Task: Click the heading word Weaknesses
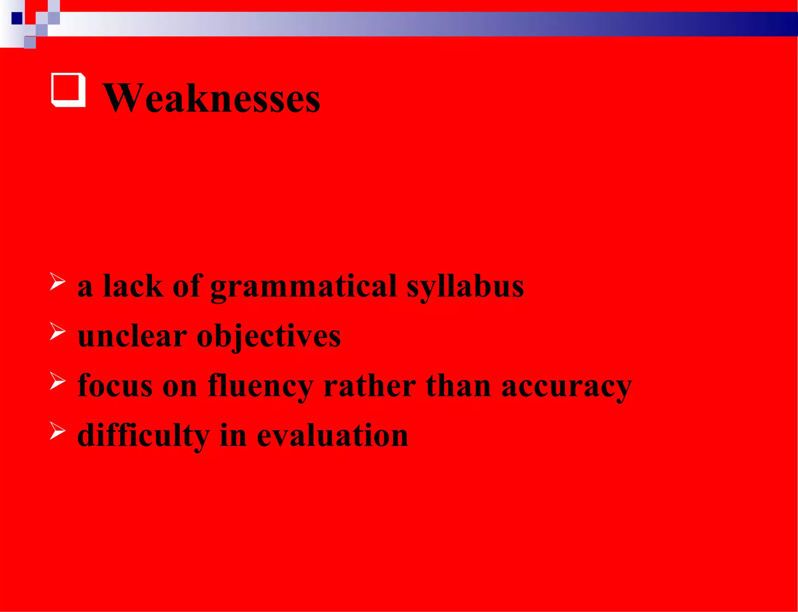click(x=211, y=98)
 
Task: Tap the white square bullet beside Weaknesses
click(x=68, y=90)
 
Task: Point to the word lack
click(x=133, y=286)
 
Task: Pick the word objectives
click(x=268, y=337)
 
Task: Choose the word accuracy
click(x=567, y=386)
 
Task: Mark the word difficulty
click(x=143, y=436)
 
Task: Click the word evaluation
click(x=332, y=435)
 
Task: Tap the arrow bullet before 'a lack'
click(x=57, y=282)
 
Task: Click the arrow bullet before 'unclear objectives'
click(x=57, y=332)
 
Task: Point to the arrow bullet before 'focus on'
click(x=57, y=381)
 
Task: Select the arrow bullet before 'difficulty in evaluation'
click(x=57, y=431)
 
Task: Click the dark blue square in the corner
click(x=17, y=18)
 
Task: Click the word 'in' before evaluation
click(x=233, y=435)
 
